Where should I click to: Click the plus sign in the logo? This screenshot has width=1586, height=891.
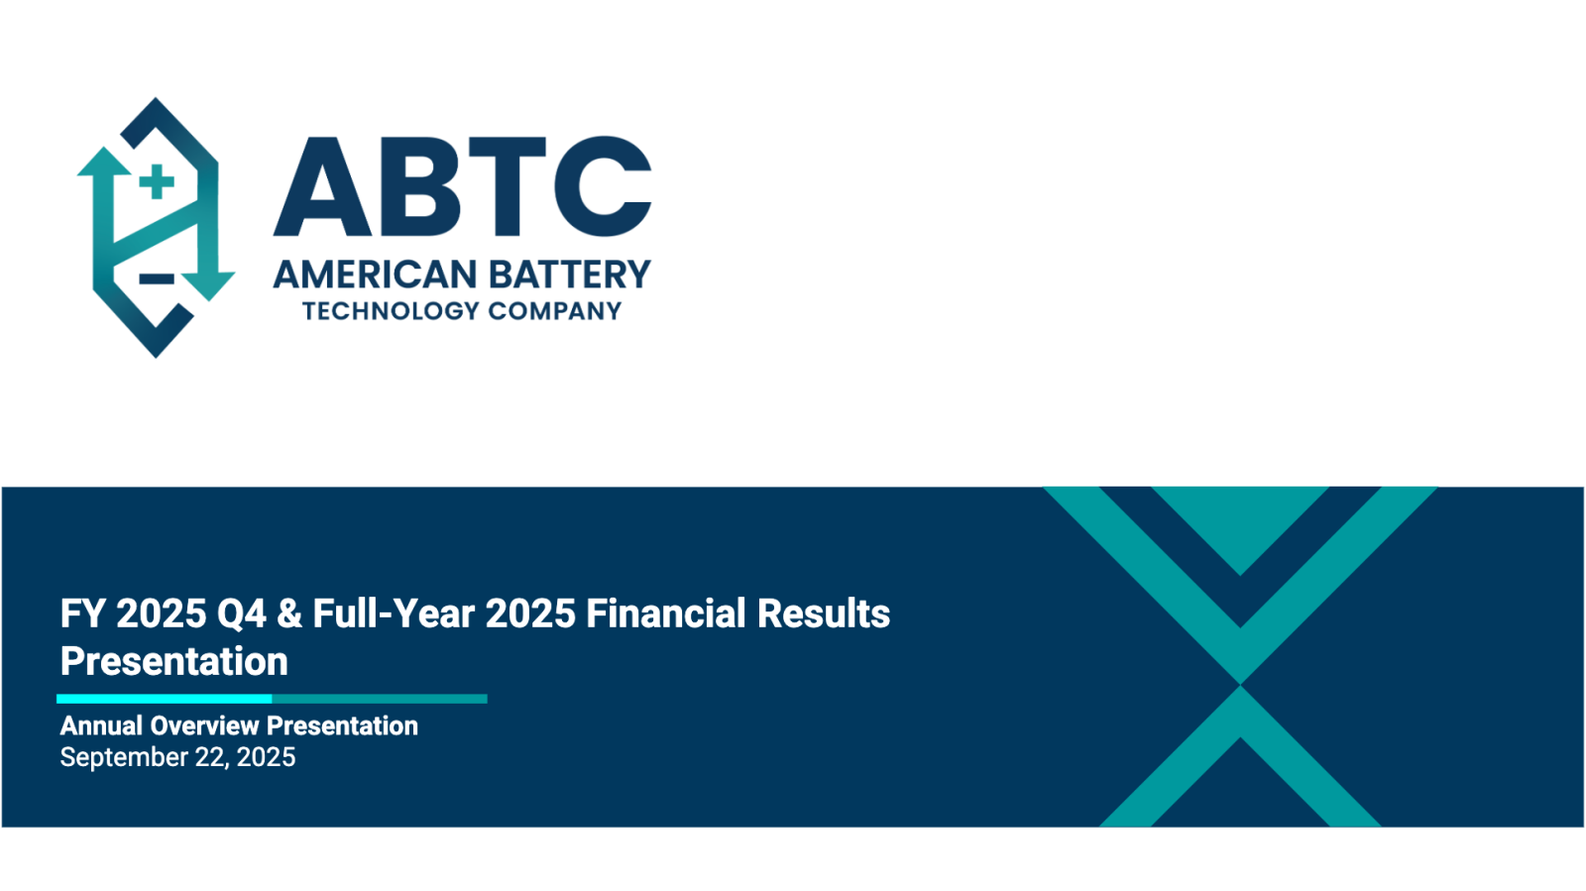coord(157,182)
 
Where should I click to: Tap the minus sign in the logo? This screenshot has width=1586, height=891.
coord(157,278)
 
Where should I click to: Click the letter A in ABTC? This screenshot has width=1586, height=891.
coord(323,187)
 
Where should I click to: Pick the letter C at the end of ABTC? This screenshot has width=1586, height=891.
coord(603,187)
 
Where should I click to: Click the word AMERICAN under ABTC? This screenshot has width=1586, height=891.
coord(376,275)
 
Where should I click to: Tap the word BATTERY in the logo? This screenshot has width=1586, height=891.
coord(569,275)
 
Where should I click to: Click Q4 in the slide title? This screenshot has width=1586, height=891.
coord(242,613)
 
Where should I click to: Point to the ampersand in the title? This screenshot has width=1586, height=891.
coord(288,613)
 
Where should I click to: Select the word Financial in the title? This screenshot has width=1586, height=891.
coord(665,613)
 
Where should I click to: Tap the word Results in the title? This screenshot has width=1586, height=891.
coord(824,613)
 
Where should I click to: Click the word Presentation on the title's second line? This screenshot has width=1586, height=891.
coord(174,661)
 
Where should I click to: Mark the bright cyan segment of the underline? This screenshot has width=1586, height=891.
coord(165,699)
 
